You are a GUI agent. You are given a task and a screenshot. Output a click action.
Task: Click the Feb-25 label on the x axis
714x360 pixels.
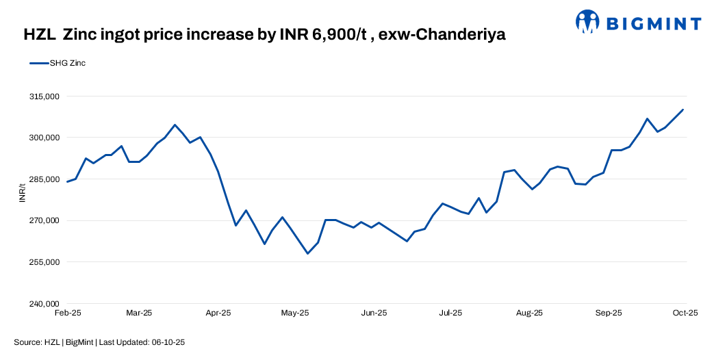pos(67,313)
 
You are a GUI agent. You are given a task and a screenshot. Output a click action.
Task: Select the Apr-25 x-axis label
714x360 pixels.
pos(218,313)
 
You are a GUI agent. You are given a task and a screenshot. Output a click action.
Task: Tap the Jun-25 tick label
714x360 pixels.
pos(374,313)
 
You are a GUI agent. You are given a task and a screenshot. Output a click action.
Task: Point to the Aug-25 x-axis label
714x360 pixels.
pos(529,313)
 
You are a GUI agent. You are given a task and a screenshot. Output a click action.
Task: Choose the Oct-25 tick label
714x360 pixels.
pos(685,313)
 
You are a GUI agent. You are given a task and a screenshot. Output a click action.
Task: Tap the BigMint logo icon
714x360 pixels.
pos(587,22)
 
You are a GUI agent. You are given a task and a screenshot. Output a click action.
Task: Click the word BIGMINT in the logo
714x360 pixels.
pos(653,24)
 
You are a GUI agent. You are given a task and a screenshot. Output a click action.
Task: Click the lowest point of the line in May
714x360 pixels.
pos(307,254)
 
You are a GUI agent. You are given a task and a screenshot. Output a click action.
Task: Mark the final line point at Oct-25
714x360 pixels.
pos(683,110)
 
